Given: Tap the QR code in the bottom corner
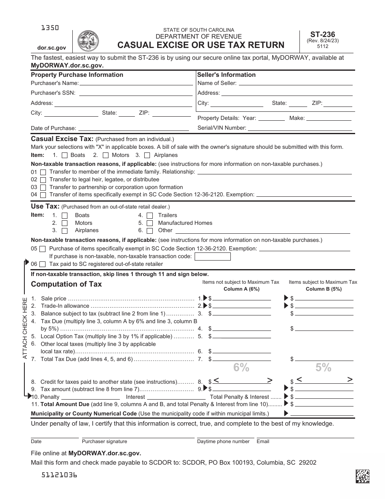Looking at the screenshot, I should pyautogui.click(x=362, y=476).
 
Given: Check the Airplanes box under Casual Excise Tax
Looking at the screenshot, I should pyautogui.click(x=147, y=155).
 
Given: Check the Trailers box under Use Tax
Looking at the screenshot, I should pyautogui.click(x=150, y=215).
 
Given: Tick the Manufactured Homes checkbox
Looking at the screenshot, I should pyautogui.click(x=150, y=223).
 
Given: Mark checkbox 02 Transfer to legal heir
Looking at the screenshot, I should pyautogui.click(x=43, y=180).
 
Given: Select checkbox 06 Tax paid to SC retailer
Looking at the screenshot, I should pyautogui.click(x=43, y=264).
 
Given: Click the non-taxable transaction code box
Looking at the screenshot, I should pyautogui.click(x=213, y=257).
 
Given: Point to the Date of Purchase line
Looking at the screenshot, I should pyautogui.click(x=134, y=128).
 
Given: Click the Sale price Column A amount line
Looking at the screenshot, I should pyautogui.click(x=242, y=298).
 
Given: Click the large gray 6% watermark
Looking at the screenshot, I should pyautogui.click(x=241, y=368).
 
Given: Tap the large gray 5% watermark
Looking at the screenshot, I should pyautogui.click(x=323, y=368).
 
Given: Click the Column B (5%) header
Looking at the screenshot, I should pyautogui.click(x=323, y=289).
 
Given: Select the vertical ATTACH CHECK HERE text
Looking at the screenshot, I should pyautogui.click(x=25, y=328).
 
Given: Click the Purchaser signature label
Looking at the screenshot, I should pyautogui.click(x=104, y=441).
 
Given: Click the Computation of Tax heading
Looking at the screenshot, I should pyautogui.click(x=66, y=284).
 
